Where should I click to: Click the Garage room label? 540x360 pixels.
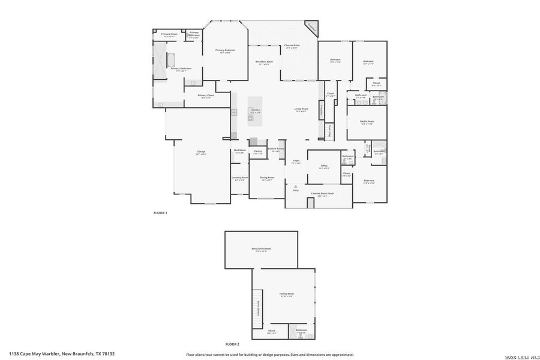(x=201, y=152)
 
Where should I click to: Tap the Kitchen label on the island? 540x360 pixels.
(x=256, y=110)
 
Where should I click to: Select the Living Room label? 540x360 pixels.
(x=301, y=109)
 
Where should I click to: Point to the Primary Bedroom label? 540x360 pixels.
(x=226, y=50)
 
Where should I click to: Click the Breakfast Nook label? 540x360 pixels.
(x=264, y=62)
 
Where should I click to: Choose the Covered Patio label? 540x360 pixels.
(x=292, y=46)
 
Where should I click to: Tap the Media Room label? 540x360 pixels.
(x=367, y=122)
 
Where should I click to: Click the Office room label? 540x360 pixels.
(x=324, y=166)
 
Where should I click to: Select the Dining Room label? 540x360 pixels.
(x=267, y=178)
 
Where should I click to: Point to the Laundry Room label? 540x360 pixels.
(x=239, y=178)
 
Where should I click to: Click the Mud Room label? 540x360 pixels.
(x=240, y=151)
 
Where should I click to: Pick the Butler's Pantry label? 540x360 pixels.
(x=275, y=149)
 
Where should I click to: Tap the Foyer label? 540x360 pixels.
(x=296, y=161)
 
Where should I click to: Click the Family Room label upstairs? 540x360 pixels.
(x=286, y=294)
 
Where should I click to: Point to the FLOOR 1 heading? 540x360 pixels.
(x=160, y=213)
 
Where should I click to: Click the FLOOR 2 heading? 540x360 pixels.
(x=232, y=344)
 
